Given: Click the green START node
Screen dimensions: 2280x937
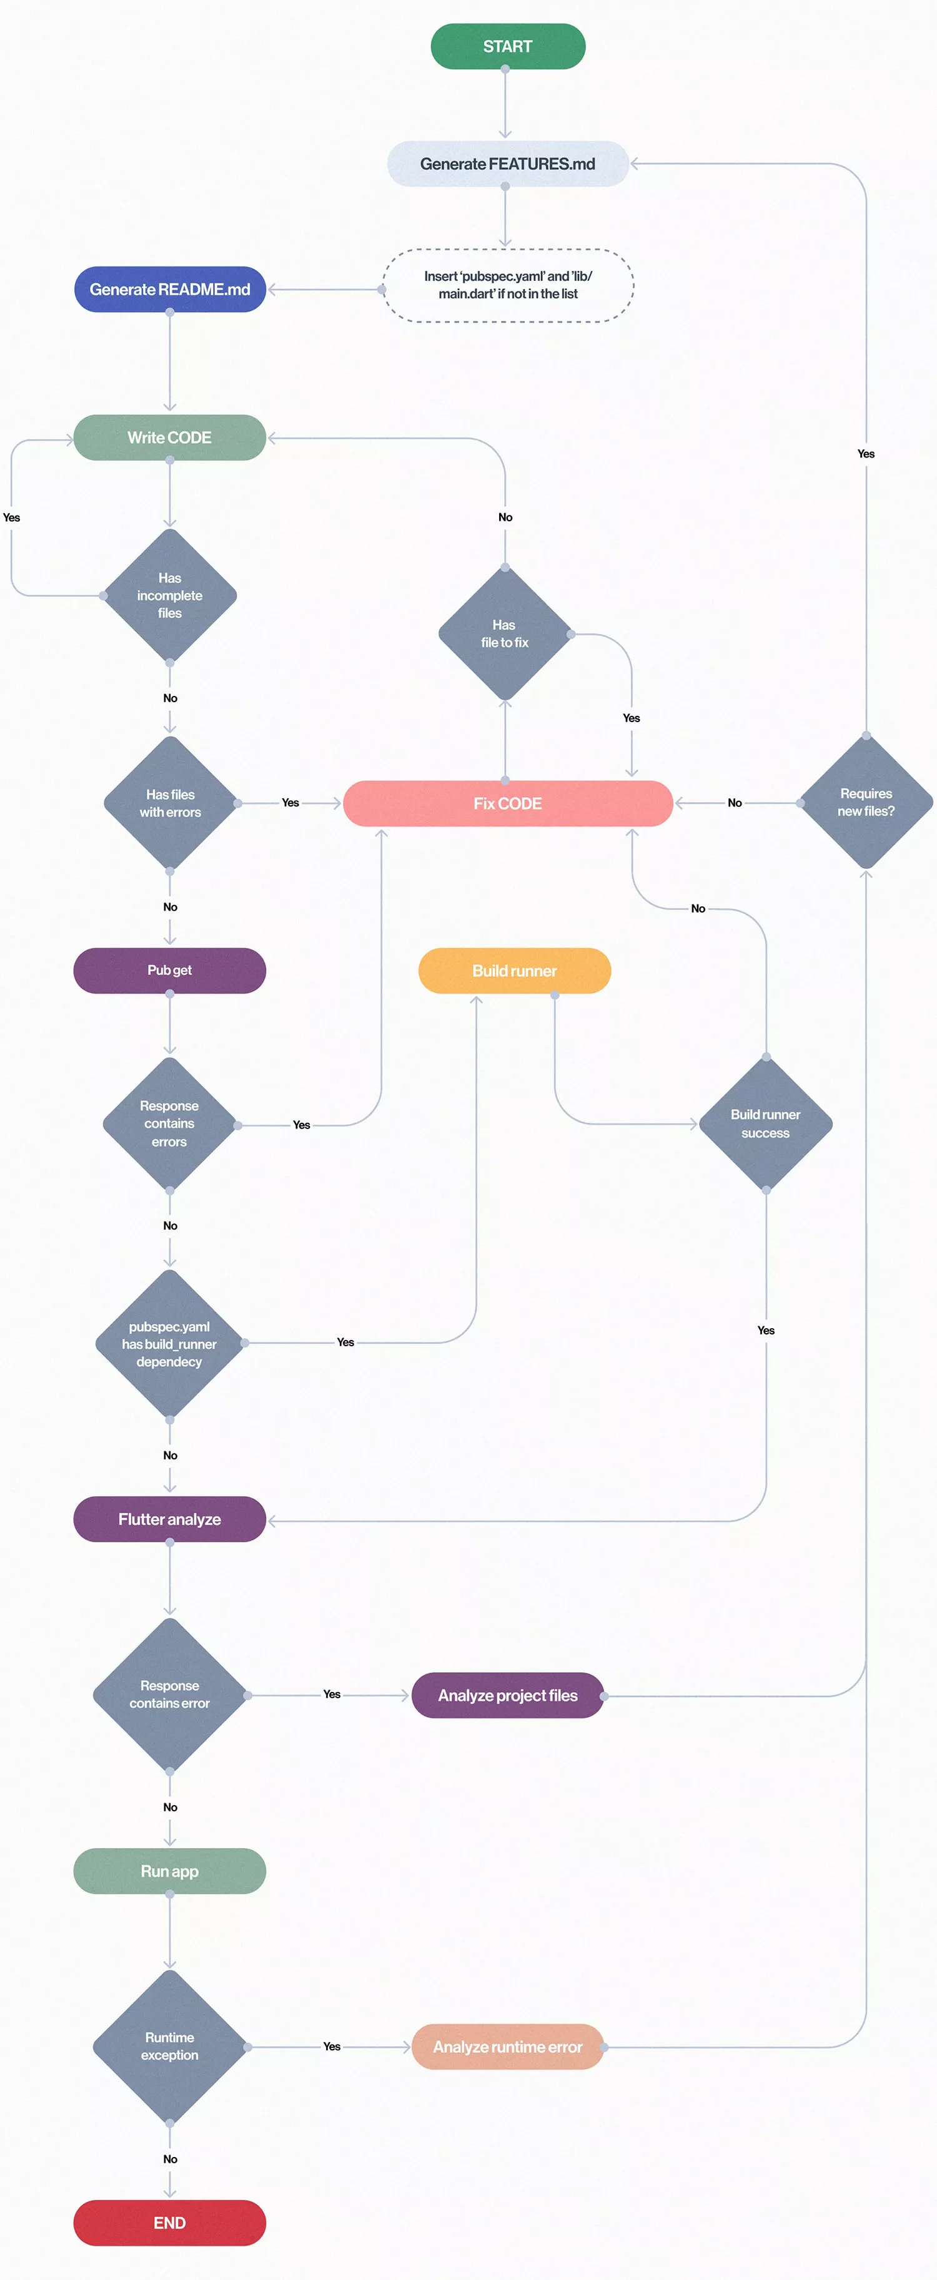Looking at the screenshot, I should [x=507, y=46].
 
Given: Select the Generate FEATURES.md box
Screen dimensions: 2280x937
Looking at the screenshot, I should [x=507, y=164].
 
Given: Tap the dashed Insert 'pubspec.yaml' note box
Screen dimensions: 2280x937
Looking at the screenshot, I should [x=507, y=285].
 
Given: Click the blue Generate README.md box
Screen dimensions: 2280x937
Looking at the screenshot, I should [x=170, y=290].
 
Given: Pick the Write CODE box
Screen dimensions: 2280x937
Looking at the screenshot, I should [x=170, y=438].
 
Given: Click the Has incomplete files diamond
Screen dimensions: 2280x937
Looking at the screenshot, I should [x=170, y=595].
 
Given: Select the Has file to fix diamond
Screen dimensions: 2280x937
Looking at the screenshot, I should [x=505, y=634].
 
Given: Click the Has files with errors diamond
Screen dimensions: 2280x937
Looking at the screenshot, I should [x=170, y=803].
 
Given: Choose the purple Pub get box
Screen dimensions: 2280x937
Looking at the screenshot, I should [x=170, y=970].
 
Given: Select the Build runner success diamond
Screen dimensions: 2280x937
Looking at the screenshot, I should [x=765, y=1123].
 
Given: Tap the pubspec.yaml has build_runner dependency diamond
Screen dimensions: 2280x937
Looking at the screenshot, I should [x=169, y=1344].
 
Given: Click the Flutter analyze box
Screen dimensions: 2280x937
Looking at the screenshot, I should [x=170, y=1519].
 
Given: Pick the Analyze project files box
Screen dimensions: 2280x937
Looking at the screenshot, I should [x=507, y=1695].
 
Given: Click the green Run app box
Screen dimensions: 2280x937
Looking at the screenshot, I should [x=170, y=1871].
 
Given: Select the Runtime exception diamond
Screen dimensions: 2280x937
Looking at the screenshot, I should [x=170, y=2047].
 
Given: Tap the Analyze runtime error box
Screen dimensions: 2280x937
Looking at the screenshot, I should [x=507, y=2047].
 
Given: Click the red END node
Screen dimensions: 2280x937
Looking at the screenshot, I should [x=170, y=2223].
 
